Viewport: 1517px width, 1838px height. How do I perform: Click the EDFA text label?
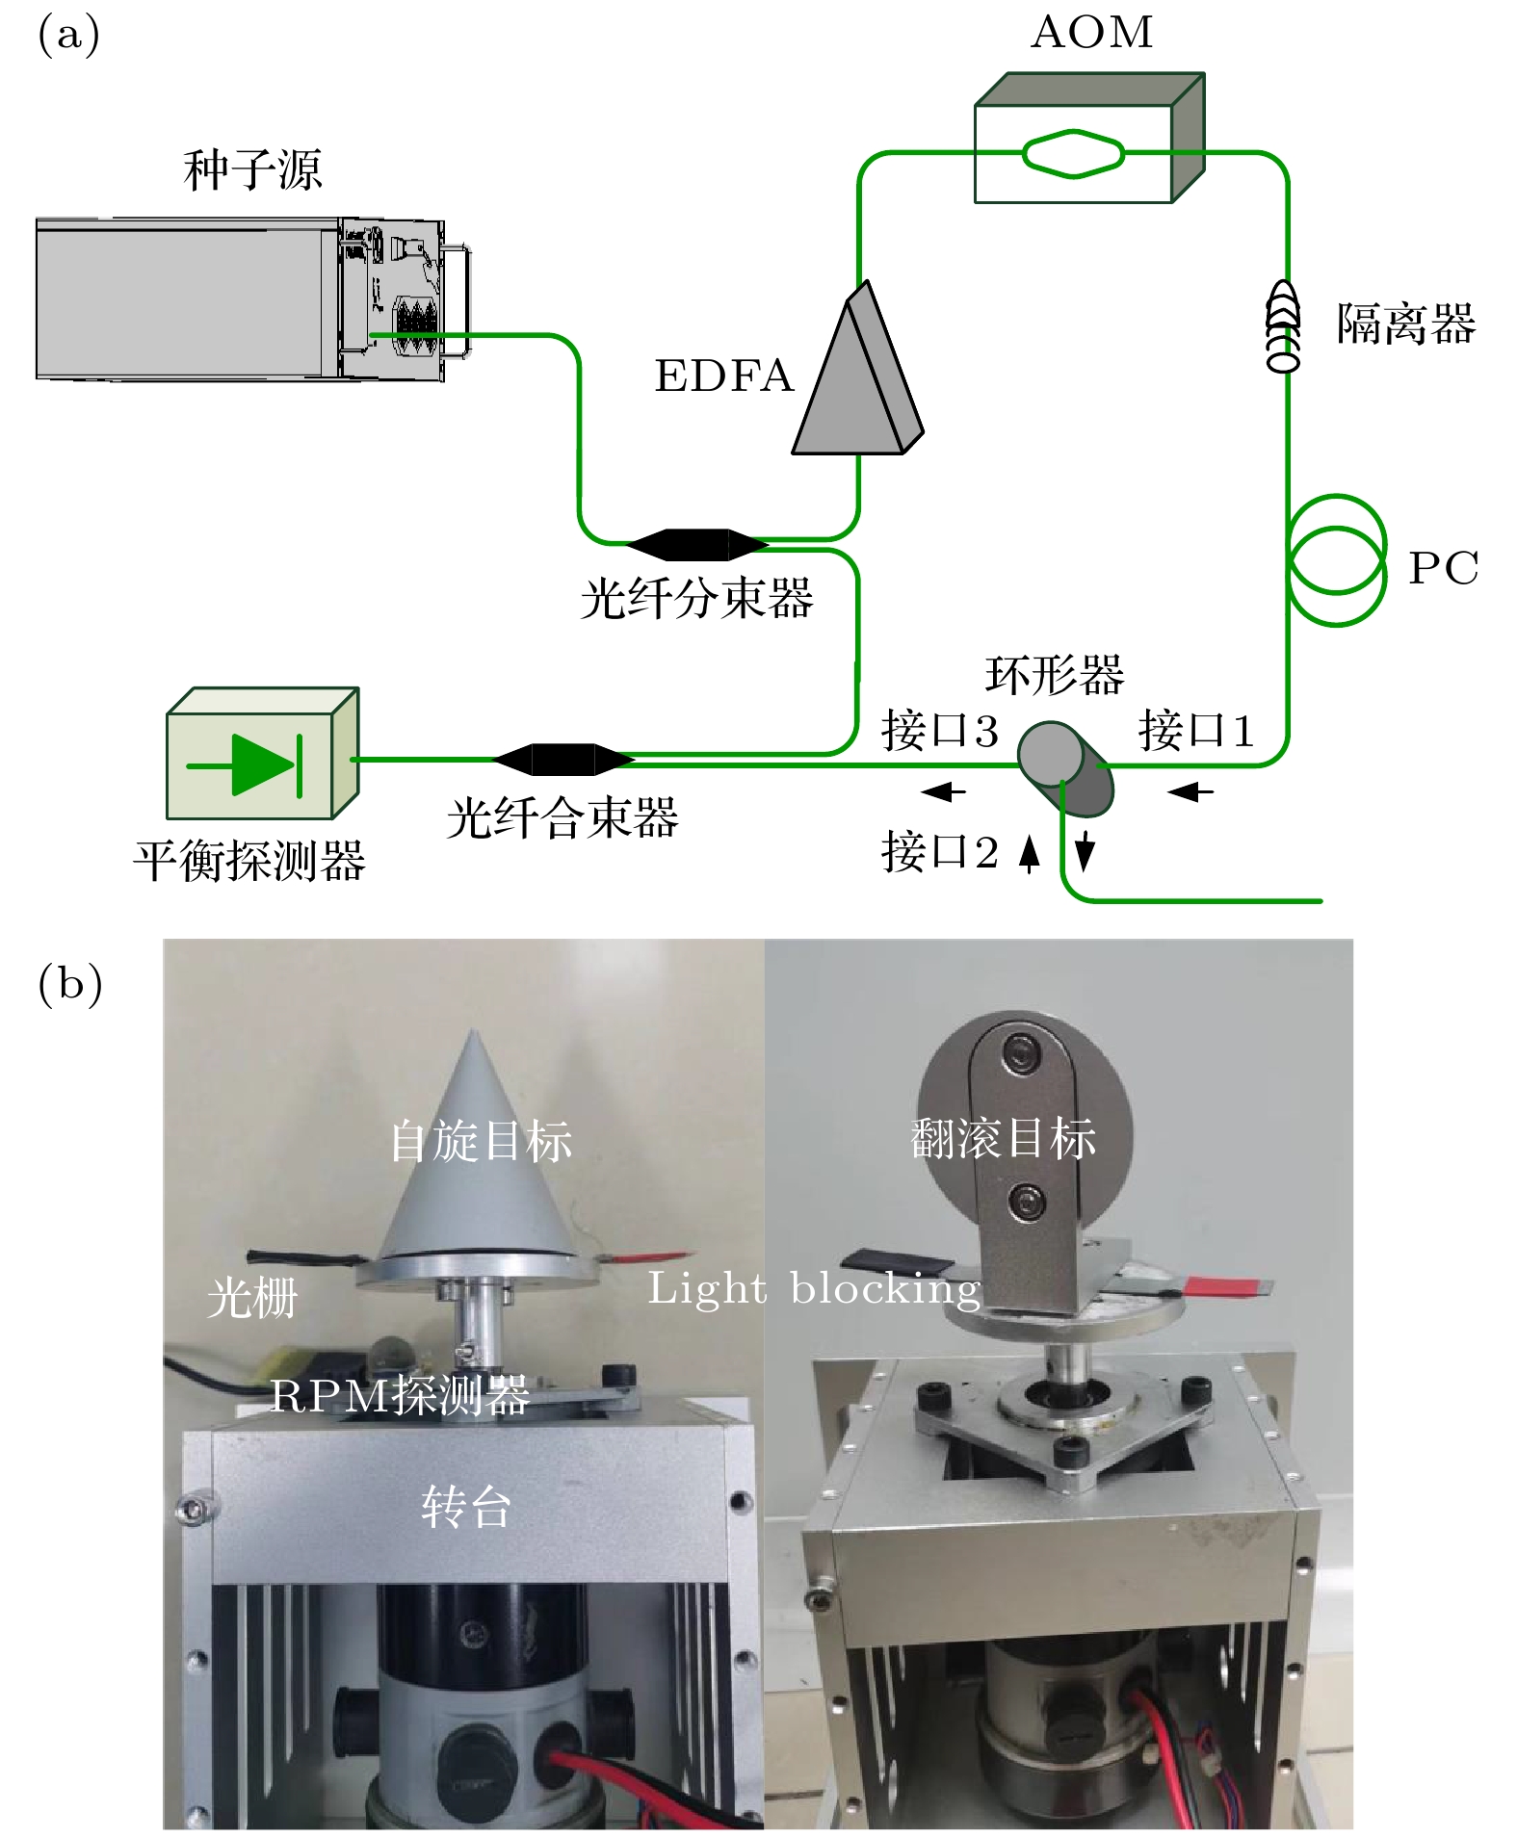pos(723,376)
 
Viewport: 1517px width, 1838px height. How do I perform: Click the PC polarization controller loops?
pos(1337,559)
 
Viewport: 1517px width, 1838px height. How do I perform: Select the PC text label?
pos(1443,568)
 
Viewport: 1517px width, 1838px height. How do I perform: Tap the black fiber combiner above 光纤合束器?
pos(563,759)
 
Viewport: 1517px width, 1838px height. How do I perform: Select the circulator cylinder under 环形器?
pos(1065,768)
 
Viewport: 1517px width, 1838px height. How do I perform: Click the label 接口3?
pos(939,730)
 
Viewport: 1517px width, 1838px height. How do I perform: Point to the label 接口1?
pos(1196,730)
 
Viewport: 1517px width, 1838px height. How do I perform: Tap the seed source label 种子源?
pos(252,170)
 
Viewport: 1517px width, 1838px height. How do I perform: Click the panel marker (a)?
pos(68,35)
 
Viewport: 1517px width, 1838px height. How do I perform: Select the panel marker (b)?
pos(69,983)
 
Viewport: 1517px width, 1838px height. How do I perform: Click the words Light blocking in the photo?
pos(814,1288)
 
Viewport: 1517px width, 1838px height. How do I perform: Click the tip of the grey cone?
pos(474,1034)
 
